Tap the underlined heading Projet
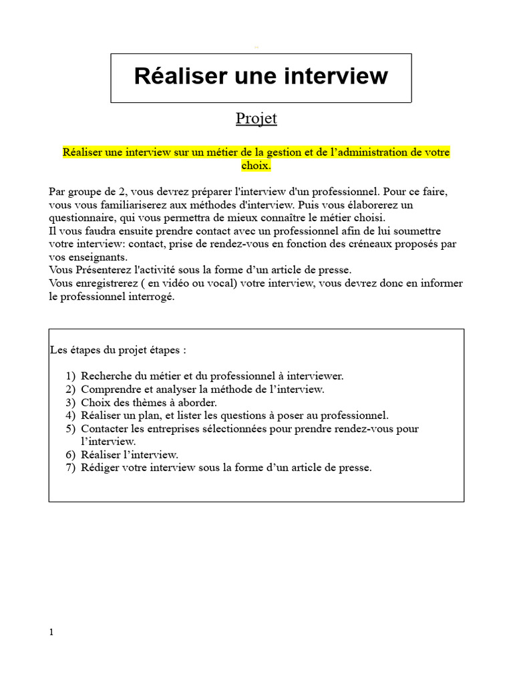[x=256, y=119]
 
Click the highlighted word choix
[x=256, y=165]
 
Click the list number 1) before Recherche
[x=71, y=377]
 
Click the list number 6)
[x=71, y=455]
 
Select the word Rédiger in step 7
[x=101, y=468]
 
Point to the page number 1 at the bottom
[x=51, y=632]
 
